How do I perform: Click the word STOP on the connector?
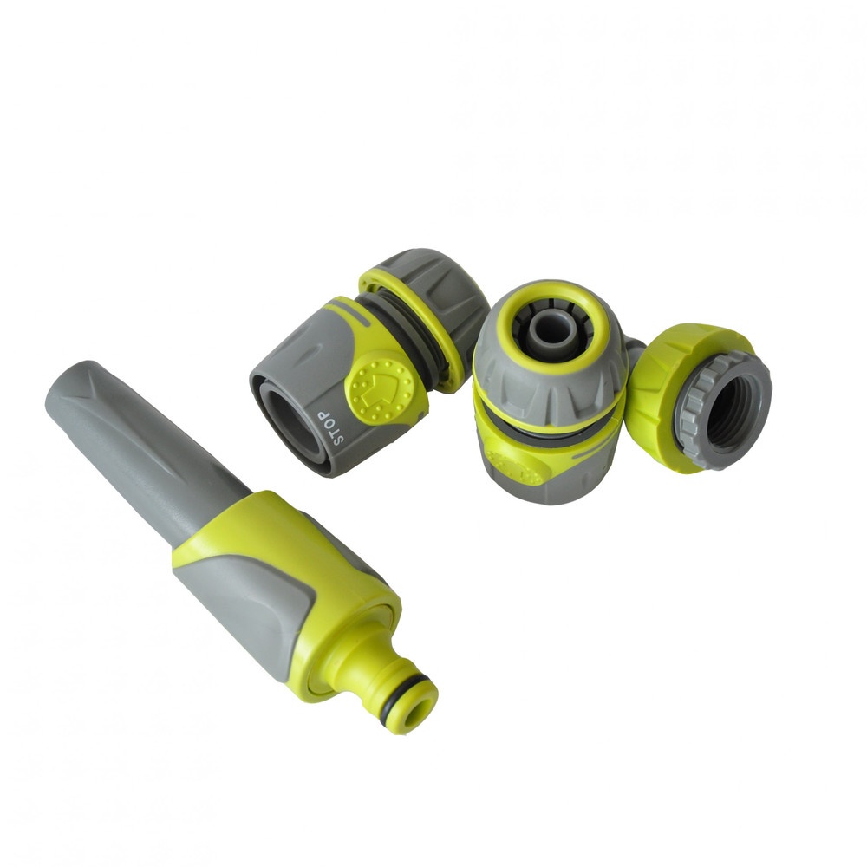[x=332, y=427]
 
